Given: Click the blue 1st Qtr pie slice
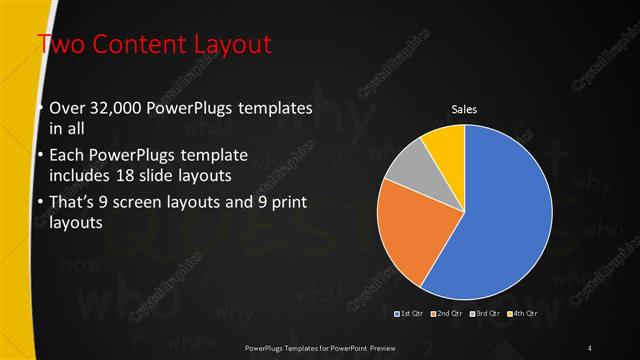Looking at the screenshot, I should click(505, 215).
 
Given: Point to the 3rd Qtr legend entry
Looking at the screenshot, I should click(484, 314).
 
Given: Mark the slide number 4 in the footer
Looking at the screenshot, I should click(590, 347).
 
